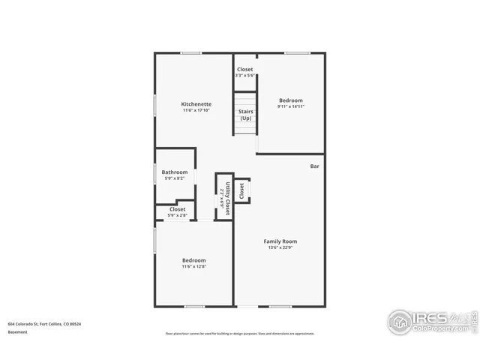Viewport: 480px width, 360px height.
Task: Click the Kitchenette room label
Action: (x=196, y=104)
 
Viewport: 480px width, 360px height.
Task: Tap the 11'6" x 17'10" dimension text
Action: (x=196, y=111)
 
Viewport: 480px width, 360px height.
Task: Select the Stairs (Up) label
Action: (x=245, y=115)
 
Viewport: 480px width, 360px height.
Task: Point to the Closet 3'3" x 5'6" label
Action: (x=245, y=72)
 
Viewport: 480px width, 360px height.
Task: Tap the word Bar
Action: (x=316, y=166)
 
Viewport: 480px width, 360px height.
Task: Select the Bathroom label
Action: (x=174, y=172)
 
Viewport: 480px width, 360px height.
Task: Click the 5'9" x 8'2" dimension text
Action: (x=174, y=178)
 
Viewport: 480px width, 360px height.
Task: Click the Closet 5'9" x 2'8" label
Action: (x=177, y=212)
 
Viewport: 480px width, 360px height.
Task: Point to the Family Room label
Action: (x=280, y=241)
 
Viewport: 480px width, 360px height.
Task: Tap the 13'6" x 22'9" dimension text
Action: (x=280, y=248)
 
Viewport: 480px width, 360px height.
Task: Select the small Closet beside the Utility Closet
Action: (x=241, y=190)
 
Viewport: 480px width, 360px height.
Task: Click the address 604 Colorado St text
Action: (x=44, y=324)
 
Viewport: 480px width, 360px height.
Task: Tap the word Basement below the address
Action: (x=18, y=331)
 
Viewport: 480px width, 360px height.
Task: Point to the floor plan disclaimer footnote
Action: (x=239, y=334)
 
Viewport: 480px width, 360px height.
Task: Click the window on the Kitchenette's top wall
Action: (x=190, y=52)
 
